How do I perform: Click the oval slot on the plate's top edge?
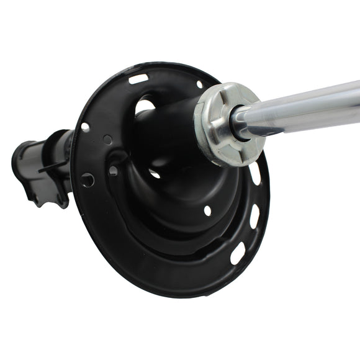138,79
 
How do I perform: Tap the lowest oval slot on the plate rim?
238,253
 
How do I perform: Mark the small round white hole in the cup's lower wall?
207,210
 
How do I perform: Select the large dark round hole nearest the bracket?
88,180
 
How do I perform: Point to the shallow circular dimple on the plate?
107,140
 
